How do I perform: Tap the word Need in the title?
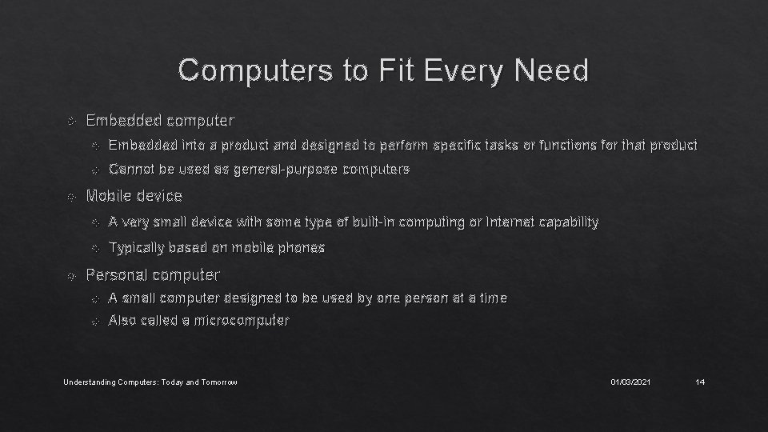(x=553, y=70)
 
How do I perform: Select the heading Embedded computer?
(x=160, y=121)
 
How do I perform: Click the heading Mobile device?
(x=134, y=195)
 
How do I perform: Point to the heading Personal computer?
(x=152, y=274)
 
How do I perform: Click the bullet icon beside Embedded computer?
(x=71, y=122)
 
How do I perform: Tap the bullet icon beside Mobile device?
(x=71, y=196)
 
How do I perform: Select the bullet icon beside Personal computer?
(x=71, y=275)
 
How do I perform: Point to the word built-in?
(x=368, y=222)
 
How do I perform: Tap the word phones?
(x=302, y=247)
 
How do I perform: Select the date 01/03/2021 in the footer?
(x=630, y=382)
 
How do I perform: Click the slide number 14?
(x=700, y=382)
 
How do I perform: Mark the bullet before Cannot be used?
(x=94, y=170)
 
